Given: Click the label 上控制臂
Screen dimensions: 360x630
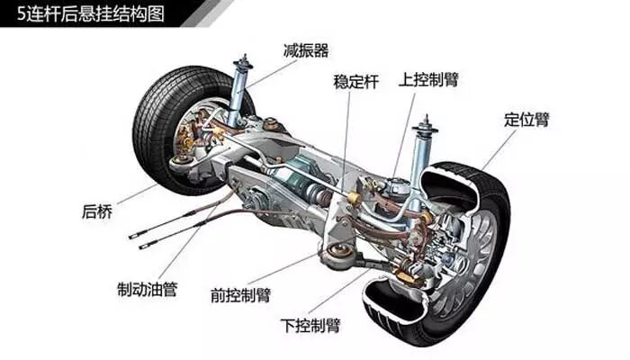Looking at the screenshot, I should coord(429,78).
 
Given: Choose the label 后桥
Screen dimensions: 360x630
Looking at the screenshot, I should coord(97,212).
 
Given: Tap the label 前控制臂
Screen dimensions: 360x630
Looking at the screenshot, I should coord(238,294).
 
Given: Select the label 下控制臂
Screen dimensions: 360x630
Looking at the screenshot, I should coord(310,324).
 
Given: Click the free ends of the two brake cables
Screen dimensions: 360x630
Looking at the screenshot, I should coord(135,238).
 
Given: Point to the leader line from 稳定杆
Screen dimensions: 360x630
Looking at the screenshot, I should coord(346,135).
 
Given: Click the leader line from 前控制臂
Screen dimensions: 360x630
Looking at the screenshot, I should coord(288,269).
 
